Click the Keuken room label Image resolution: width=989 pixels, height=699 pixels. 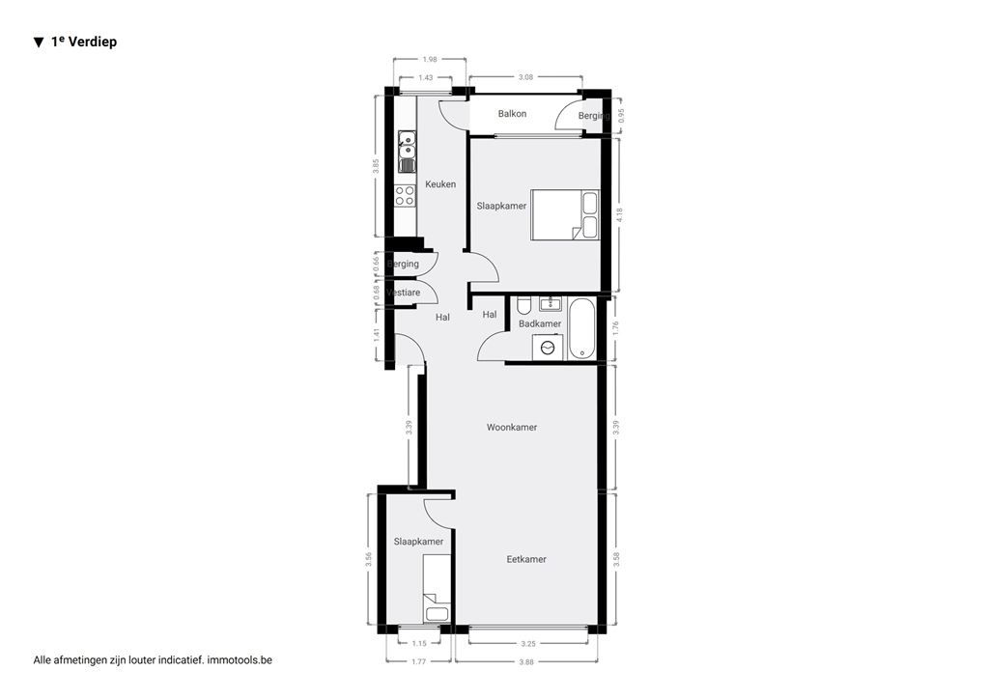(440, 184)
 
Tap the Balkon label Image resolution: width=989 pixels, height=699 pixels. (512, 114)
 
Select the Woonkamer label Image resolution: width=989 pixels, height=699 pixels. (512, 427)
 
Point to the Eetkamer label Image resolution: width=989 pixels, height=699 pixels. (526, 559)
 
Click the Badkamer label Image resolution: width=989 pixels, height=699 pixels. (540, 323)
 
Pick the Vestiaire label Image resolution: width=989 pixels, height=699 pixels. (403, 293)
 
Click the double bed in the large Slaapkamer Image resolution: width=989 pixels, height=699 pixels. (564, 214)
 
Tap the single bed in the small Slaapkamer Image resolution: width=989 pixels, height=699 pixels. (437, 588)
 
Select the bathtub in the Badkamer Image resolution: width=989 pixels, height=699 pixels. (582, 329)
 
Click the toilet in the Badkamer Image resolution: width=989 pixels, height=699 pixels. (523, 306)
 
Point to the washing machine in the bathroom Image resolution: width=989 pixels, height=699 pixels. (549, 348)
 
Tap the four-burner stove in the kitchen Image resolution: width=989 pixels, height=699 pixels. (405, 196)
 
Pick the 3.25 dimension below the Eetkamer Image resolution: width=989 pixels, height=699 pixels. (527, 643)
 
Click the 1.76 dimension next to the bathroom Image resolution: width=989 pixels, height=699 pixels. (615, 328)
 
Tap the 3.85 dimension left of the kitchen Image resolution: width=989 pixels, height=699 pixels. (377, 165)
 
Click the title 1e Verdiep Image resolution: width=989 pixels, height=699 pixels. (83, 42)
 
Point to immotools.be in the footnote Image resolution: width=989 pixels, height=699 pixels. (246, 659)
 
